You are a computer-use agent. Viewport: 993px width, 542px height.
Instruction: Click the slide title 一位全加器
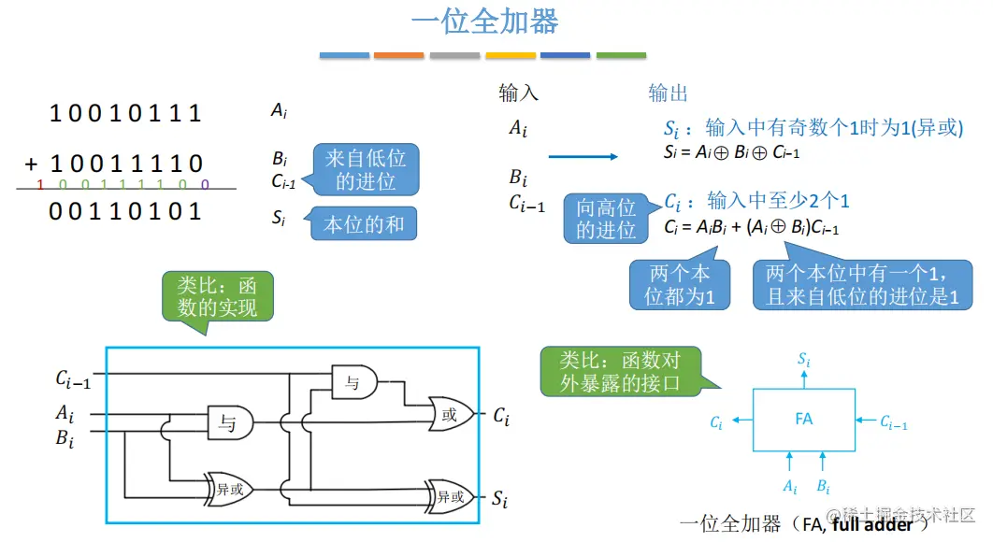(484, 22)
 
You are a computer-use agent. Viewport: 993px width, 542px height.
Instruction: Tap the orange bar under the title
(398, 56)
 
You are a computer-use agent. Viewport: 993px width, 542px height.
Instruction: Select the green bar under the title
(621, 56)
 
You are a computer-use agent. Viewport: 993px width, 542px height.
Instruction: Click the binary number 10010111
(125, 114)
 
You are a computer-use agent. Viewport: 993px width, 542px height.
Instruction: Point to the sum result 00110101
(125, 211)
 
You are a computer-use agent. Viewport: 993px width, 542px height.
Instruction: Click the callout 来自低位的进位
(366, 169)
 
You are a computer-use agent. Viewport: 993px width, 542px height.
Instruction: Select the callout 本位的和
(364, 224)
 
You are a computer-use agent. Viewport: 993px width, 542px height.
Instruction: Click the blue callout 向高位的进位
(606, 218)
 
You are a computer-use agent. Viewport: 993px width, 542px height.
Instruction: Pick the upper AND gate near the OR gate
(354, 380)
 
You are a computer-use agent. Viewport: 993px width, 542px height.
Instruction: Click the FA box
(803, 420)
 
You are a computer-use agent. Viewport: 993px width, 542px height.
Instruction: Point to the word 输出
(669, 93)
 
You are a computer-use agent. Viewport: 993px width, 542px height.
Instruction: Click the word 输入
(519, 93)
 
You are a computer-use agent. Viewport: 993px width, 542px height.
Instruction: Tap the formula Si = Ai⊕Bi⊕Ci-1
(732, 152)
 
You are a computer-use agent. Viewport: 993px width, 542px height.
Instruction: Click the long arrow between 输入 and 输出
(583, 156)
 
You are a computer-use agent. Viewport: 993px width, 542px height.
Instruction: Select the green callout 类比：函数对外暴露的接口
(621, 370)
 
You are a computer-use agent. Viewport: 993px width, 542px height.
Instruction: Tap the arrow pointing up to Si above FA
(803, 376)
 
